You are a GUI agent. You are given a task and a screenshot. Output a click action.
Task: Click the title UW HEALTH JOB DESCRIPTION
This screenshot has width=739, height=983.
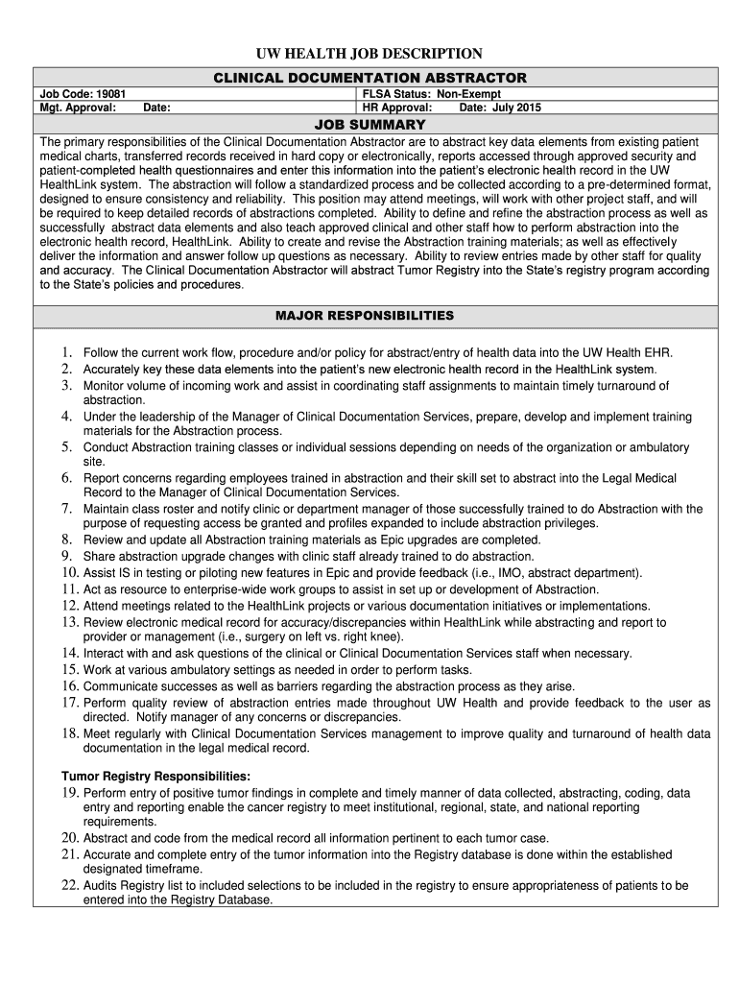pos(369,53)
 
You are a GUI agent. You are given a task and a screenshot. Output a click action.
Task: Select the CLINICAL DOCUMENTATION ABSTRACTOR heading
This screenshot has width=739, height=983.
pos(369,77)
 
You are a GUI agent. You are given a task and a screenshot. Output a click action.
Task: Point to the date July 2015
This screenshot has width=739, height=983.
pos(514,108)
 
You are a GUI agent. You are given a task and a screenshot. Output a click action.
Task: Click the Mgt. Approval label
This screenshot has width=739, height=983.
pos(77,108)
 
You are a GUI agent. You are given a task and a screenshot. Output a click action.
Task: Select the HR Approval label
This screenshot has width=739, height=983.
pos(397,108)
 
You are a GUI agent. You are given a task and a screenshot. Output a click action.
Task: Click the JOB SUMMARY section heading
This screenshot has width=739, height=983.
pos(369,125)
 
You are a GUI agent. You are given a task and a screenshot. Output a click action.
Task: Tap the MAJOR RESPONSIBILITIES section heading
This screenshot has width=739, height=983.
pos(369,315)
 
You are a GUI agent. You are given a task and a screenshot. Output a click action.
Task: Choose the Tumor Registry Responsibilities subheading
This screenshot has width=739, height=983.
pos(156,776)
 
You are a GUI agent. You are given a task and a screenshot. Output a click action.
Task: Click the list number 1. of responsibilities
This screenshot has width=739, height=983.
pos(67,353)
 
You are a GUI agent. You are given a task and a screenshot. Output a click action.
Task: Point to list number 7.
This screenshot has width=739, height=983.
pos(67,509)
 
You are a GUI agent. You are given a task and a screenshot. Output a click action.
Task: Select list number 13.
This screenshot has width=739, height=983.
pos(68,622)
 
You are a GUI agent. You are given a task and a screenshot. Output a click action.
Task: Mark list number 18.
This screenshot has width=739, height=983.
pos(68,733)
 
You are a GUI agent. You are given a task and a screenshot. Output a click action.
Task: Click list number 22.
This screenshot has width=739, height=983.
pos(68,885)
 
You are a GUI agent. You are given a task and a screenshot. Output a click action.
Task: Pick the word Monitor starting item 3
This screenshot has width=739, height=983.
pos(105,385)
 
